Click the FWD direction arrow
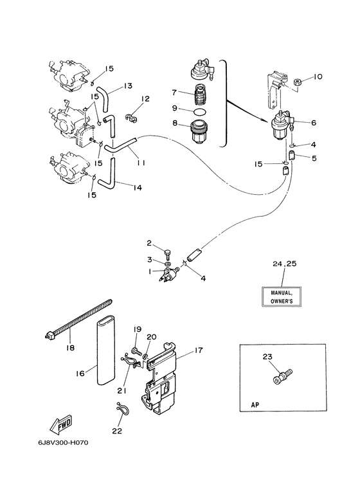[x=61, y=425]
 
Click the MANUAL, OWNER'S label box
[x=282, y=296]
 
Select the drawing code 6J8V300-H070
[x=63, y=442]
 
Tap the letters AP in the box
[x=255, y=405]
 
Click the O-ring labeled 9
[x=200, y=112]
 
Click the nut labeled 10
[x=298, y=82]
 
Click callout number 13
[x=128, y=86]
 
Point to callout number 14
[x=137, y=188]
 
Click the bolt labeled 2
[x=168, y=253]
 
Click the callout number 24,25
[x=285, y=264]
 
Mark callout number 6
[x=314, y=122]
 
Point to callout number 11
[x=141, y=163]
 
